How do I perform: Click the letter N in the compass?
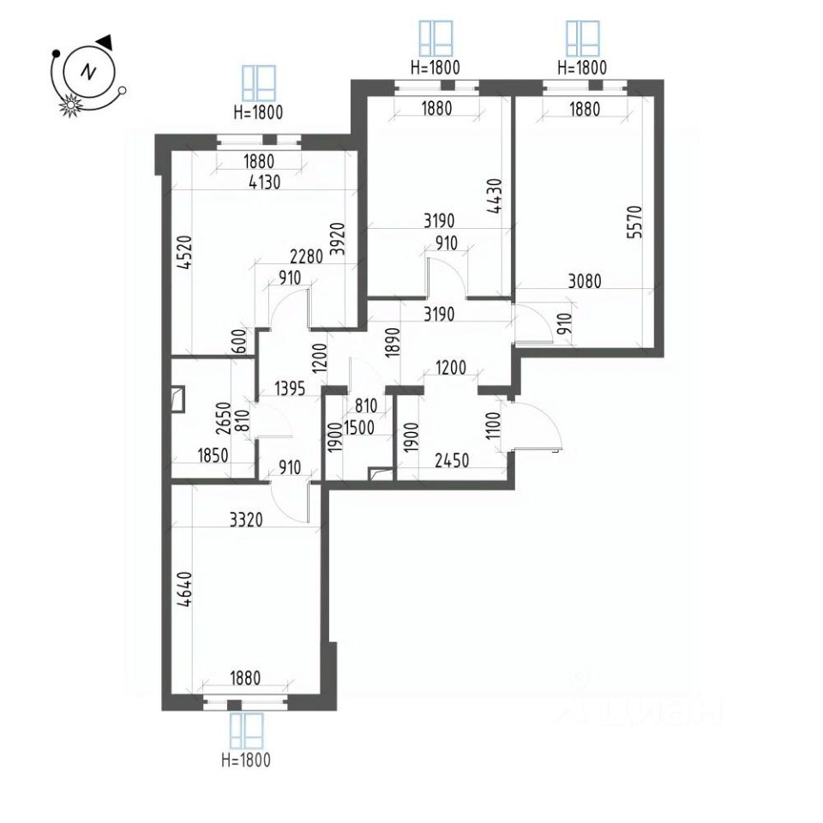coord(87,72)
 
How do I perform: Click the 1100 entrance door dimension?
coord(492,423)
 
